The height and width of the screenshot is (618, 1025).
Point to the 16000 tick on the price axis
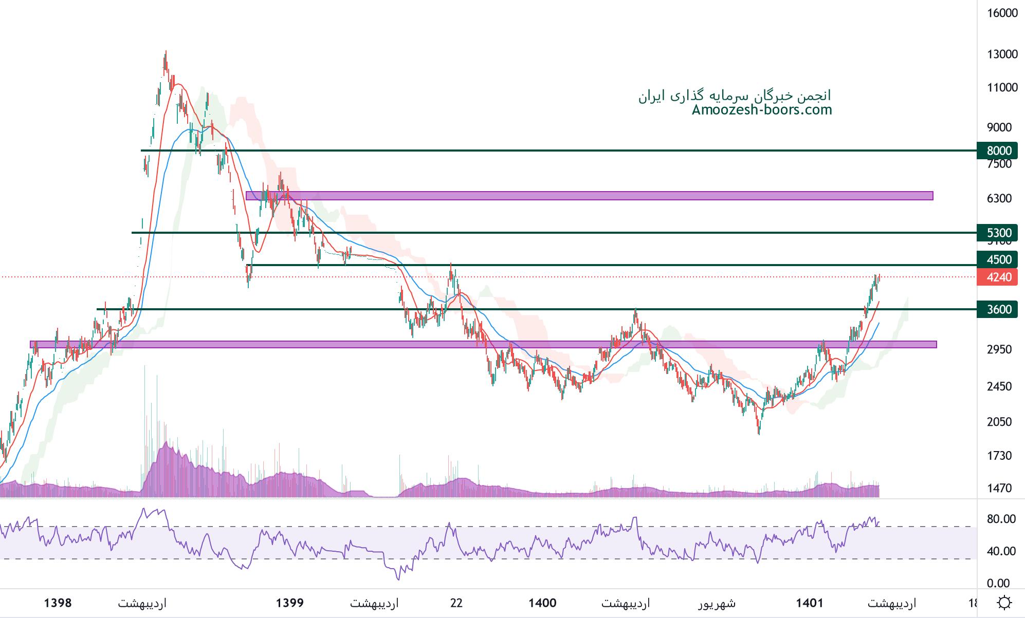coord(1002,13)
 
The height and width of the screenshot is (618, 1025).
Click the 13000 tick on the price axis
coord(1002,54)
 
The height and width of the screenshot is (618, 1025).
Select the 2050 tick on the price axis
coord(999,422)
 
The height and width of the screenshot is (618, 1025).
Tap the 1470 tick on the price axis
coord(999,488)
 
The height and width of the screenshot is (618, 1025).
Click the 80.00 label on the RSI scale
coord(1001,519)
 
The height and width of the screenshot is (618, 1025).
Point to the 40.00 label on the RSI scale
coord(1001,551)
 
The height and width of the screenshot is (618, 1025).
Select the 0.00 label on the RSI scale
coord(998,583)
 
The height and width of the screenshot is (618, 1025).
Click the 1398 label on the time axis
coord(58,603)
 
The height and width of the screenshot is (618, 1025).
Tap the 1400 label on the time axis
coord(542,603)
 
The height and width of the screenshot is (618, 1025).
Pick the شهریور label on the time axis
coord(717,603)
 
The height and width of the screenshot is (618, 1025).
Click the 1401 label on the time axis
coord(810,603)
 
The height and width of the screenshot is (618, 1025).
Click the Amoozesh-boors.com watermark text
coord(762,110)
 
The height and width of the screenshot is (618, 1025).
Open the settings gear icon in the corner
coord(1004,603)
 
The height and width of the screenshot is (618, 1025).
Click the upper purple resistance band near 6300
coord(589,196)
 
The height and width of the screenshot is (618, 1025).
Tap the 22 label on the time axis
coord(456,603)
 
